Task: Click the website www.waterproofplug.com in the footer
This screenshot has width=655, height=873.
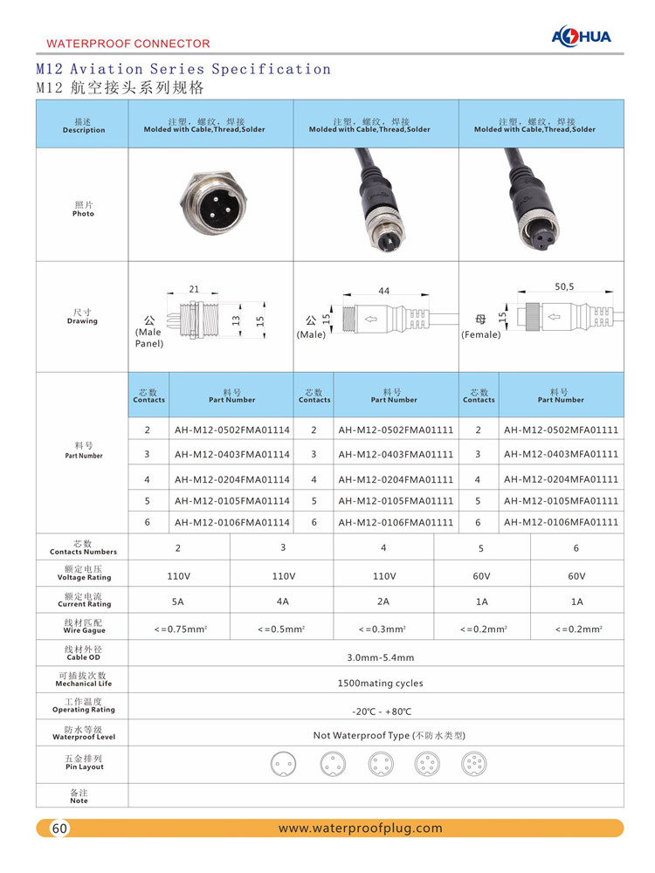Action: [x=360, y=828]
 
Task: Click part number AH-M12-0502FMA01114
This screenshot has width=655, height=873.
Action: [x=231, y=430]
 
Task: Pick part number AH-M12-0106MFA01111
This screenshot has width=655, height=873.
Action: [x=561, y=522]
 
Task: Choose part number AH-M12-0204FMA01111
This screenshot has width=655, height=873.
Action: [x=396, y=479]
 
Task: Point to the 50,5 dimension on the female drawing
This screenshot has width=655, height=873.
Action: [x=564, y=285]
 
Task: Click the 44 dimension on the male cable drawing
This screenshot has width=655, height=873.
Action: [x=384, y=291]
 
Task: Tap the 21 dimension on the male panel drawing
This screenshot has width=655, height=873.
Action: [x=194, y=289]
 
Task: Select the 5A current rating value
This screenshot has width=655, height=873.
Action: [x=178, y=601]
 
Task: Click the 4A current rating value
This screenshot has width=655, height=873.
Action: [x=282, y=601]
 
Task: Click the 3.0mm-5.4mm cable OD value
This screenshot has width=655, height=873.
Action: [x=380, y=657]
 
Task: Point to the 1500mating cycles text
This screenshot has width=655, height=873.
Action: [x=380, y=684]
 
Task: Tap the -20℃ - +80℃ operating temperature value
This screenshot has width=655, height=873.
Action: [x=380, y=711]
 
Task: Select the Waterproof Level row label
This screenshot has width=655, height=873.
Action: [x=83, y=732]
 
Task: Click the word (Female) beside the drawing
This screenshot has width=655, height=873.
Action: [x=480, y=334]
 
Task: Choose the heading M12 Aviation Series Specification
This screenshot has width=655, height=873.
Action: [x=183, y=69]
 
